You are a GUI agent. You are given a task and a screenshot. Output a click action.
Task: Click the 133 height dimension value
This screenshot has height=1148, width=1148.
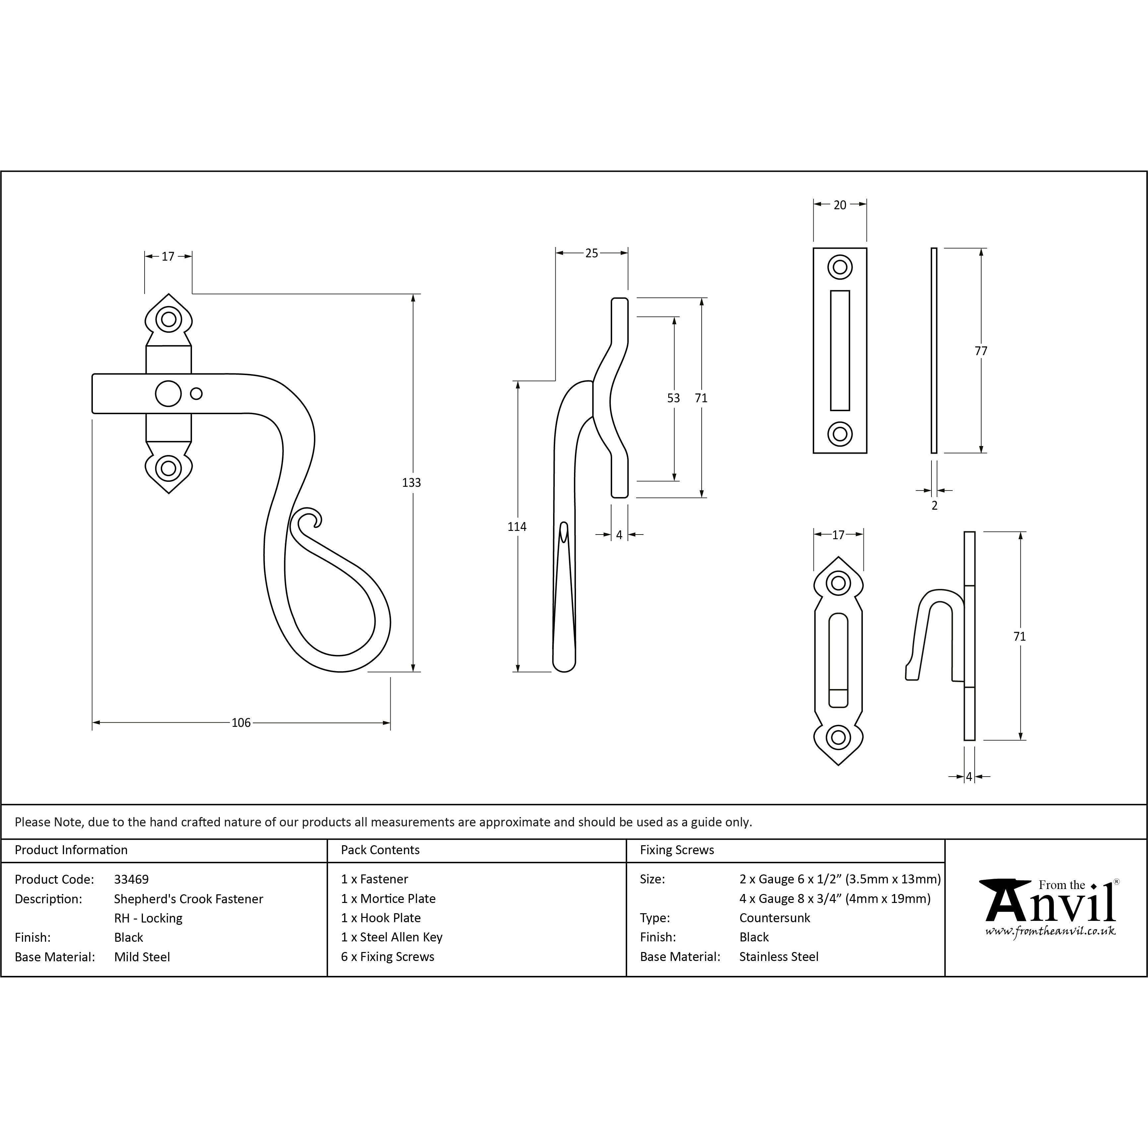(x=411, y=482)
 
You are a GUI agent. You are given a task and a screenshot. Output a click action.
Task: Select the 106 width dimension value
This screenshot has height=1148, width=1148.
(x=241, y=723)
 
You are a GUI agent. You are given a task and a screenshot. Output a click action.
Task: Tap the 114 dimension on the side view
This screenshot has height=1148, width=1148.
(x=517, y=527)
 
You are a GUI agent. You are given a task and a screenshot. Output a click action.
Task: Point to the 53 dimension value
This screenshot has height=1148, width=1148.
(x=673, y=398)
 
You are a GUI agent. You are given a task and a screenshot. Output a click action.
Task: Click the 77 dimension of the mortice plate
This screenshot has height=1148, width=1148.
(x=981, y=351)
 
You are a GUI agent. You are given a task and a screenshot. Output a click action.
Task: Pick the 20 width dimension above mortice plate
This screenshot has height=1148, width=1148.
(x=840, y=205)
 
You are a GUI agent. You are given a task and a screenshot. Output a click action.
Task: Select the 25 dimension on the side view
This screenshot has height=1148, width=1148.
(x=592, y=253)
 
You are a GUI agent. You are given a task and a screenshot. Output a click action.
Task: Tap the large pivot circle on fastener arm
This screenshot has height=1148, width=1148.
(x=168, y=393)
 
